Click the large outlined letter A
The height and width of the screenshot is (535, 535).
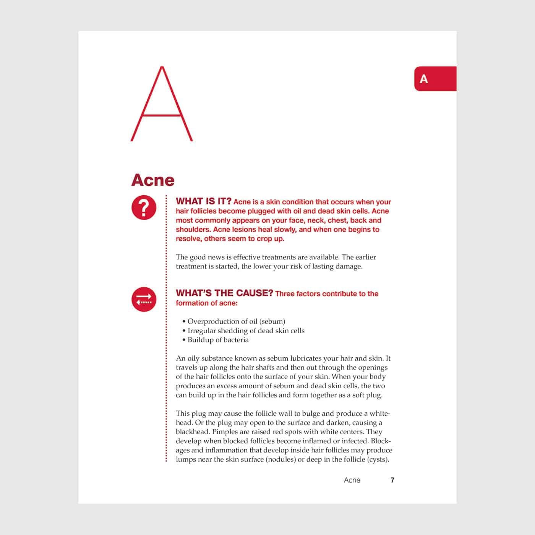pyautogui.click(x=162, y=105)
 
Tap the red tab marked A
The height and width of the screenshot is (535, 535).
pyautogui.click(x=435, y=79)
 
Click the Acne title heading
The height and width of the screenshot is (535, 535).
pyautogui.click(x=153, y=180)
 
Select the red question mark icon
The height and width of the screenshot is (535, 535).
pyautogui.click(x=144, y=208)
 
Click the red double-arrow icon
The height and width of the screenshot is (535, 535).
pyautogui.click(x=144, y=299)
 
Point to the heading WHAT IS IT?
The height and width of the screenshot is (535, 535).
pyautogui.click(x=203, y=201)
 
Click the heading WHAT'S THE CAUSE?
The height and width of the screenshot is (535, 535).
pyautogui.click(x=224, y=293)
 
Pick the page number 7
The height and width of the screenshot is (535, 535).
pyautogui.click(x=392, y=480)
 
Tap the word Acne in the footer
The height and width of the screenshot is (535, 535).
pyautogui.click(x=352, y=480)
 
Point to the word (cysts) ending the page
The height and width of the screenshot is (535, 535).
pyautogui.click(x=378, y=459)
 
